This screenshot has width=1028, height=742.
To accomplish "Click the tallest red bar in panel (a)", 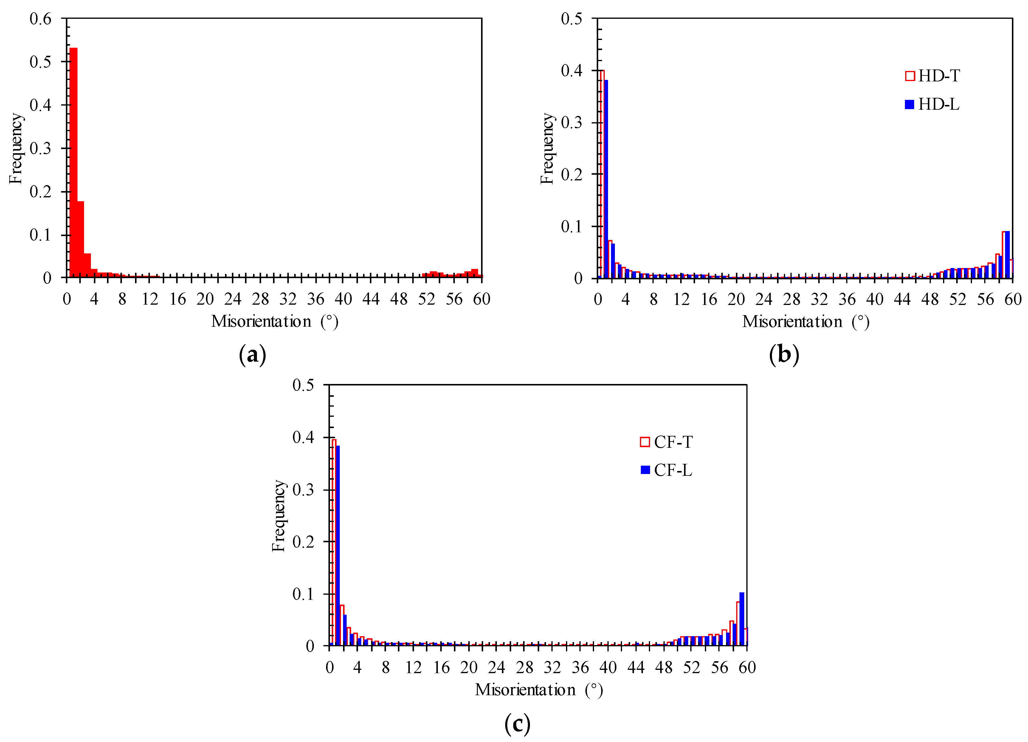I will pyautogui.click(x=73, y=163).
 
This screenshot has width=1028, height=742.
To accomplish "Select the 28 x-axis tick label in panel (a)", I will pyautogui.click(x=260, y=299).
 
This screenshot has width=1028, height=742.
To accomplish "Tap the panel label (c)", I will pyautogui.click(x=517, y=724).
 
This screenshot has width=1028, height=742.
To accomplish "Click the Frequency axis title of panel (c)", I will pyautogui.click(x=278, y=515).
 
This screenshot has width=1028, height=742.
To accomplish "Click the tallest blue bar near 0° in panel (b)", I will pyautogui.click(x=606, y=179).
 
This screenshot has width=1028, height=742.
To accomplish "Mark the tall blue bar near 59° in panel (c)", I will pyautogui.click(x=742, y=619).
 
